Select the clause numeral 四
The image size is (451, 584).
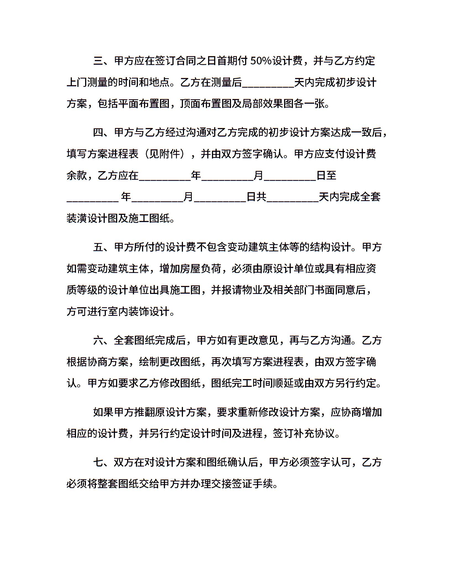click(x=98, y=132)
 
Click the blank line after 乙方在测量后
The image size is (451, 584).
click(x=268, y=83)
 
